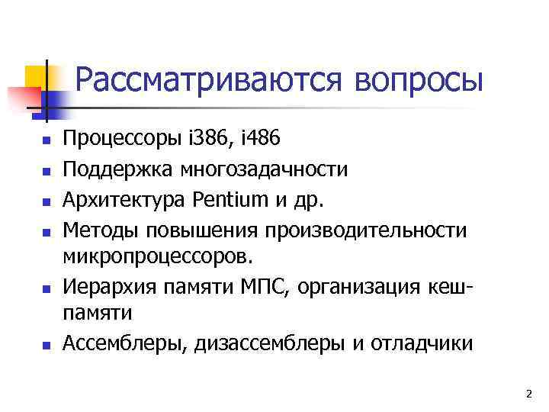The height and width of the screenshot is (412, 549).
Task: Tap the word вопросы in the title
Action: coord(418,80)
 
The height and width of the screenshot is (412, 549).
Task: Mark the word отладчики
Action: coord(422,343)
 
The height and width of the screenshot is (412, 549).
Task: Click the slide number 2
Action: coord(528,394)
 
